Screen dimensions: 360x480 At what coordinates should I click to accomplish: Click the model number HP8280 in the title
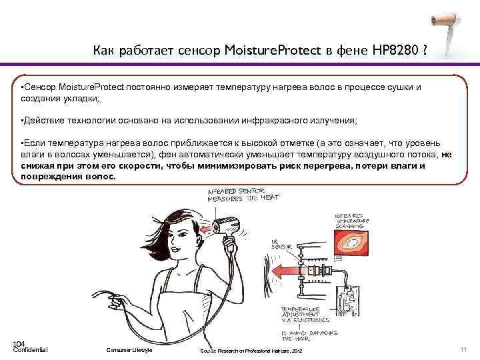coord(389,50)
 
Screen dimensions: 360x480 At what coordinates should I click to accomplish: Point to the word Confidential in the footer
coord(30,350)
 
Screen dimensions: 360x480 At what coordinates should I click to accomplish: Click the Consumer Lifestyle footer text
coord(129,350)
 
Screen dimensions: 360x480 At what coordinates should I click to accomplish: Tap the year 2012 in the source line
coord(297,351)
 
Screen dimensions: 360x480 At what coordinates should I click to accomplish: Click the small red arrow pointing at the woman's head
coord(207,229)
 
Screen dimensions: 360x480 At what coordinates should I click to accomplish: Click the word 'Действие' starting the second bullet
coord(43,120)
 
